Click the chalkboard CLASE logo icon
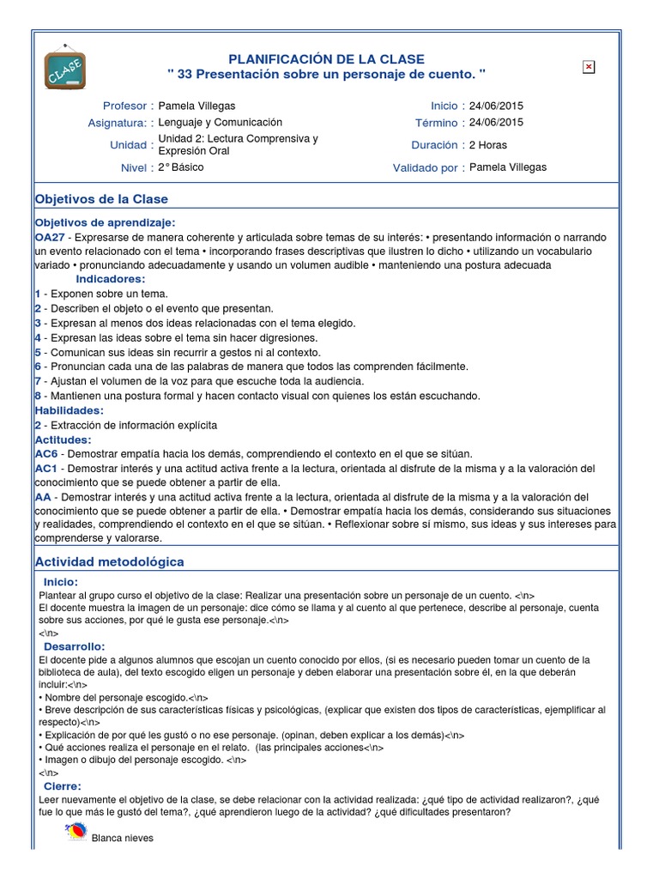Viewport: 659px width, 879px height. pyautogui.click(x=65, y=66)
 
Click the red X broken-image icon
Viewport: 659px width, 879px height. pyautogui.click(x=589, y=67)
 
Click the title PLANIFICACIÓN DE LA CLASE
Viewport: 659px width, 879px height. pyautogui.click(x=326, y=58)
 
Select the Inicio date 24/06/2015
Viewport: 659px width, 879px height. pyautogui.click(x=496, y=106)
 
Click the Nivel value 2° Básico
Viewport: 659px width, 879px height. pyautogui.click(x=181, y=167)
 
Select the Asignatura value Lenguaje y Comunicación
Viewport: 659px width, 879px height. pyautogui.click(x=221, y=123)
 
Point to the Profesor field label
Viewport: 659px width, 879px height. pyautogui.click(x=125, y=106)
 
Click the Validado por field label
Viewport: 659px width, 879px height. pyautogui.click(x=425, y=168)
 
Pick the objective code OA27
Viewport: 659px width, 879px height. pyautogui.click(x=50, y=236)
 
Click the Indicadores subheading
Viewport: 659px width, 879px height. pyautogui.click(x=111, y=279)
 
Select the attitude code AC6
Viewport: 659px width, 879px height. pyautogui.click(x=46, y=453)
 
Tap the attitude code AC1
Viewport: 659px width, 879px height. pyautogui.click(x=46, y=469)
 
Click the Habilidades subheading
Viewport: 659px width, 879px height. pyautogui.click(x=69, y=410)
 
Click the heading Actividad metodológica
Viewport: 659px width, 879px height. pyautogui.click(x=109, y=561)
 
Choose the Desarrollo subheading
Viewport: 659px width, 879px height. pyautogui.click(x=75, y=646)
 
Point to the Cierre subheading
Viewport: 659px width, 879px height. pyautogui.click(x=63, y=785)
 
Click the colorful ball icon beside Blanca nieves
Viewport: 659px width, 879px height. pyautogui.click(x=76, y=832)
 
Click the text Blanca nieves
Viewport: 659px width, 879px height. pyautogui.click(x=123, y=838)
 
